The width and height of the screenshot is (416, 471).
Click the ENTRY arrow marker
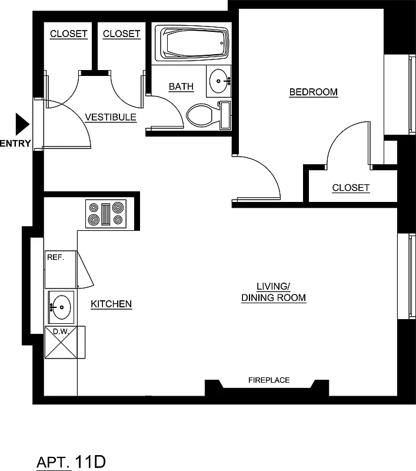(x=22, y=124)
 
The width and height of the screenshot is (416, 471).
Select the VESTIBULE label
(x=111, y=117)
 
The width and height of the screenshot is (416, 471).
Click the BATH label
(x=181, y=87)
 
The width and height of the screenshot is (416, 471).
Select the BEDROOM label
(x=314, y=92)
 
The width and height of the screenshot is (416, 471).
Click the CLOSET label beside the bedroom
(x=351, y=188)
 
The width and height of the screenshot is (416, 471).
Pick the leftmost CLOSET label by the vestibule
(x=69, y=34)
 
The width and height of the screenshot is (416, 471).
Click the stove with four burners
(x=107, y=214)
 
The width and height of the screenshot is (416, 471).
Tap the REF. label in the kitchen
(x=55, y=257)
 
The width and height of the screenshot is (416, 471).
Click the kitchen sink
(x=60, y=306)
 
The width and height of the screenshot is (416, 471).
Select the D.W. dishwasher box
(x=61, y=343)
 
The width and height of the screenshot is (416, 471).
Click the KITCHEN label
(x=111, y=304)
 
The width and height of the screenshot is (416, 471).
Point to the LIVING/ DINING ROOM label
(x=274, y=292)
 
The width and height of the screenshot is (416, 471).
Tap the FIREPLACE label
(x=269, y=380)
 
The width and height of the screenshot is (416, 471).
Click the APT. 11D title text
(x=71, y=461)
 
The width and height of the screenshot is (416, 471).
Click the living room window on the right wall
(x=410, y=277)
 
